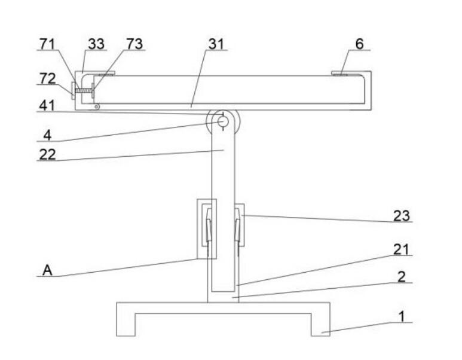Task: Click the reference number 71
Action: (47, 44)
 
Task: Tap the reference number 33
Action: (96, 44)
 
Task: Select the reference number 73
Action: (134, 44)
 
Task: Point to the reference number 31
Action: (216, 44)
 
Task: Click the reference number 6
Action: (359, 44)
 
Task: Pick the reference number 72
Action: (47, 78)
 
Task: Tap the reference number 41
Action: (47, 106)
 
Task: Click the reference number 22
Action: (47, 154)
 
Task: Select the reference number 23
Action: (402, 216)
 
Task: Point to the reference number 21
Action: (401, 249)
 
